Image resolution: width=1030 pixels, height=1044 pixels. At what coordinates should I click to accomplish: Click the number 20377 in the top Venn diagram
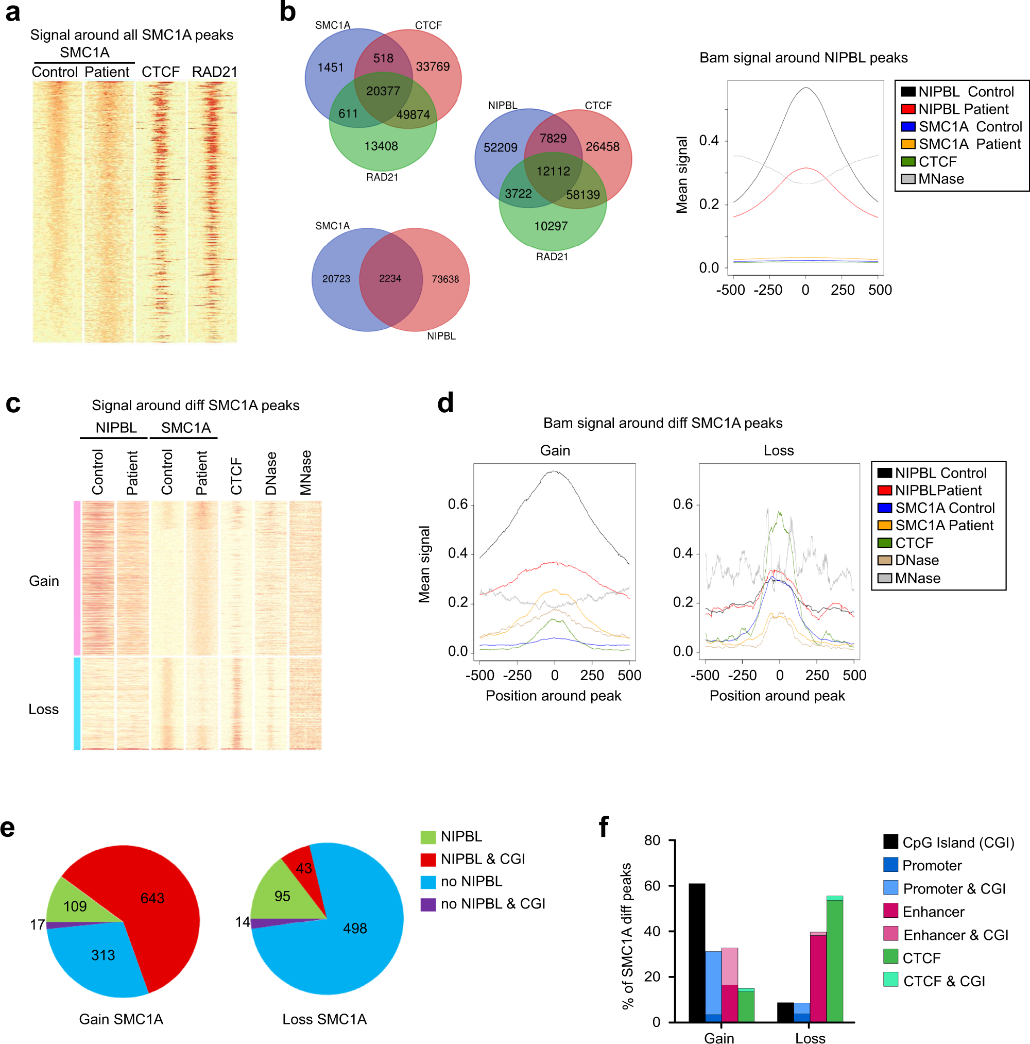(383, 91)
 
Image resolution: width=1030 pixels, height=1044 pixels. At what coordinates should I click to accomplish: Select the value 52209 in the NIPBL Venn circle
(500, 147)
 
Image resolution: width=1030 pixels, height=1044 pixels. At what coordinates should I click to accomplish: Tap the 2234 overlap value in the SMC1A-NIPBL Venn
(390, 278)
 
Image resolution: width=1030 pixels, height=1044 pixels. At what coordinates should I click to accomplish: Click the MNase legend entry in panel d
(917, 578)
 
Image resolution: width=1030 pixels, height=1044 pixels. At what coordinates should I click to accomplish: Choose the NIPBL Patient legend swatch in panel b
(908, 109)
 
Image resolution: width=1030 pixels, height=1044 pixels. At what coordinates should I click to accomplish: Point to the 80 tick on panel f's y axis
(653, 840)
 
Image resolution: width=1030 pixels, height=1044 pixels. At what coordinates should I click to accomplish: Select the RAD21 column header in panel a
(214, 72)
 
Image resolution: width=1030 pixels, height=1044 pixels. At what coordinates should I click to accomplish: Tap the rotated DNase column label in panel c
(270, 474)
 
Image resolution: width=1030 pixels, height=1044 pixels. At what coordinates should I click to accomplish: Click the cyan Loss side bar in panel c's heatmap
(77, 703)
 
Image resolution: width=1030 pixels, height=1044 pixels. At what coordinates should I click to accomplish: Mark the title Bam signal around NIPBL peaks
(803, 58)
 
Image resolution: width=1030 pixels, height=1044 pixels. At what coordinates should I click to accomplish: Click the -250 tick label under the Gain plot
(517, 675)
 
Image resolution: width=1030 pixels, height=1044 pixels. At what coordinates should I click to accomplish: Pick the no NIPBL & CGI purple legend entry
(492, 903)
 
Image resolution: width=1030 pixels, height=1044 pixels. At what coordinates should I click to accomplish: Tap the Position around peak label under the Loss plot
(777, 696)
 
